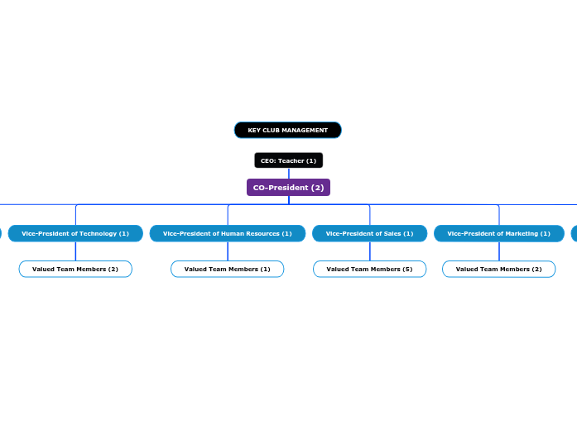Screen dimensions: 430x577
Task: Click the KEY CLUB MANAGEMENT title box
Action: coord(287,130)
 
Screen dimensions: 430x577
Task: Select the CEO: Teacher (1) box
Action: coord(288,160)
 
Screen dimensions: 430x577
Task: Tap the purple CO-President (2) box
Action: coord(288,188)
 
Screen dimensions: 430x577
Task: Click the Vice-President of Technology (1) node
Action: coord(75,233)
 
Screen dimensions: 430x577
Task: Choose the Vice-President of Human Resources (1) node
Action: coord(228,233)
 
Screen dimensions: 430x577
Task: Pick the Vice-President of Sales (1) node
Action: coord(369,233)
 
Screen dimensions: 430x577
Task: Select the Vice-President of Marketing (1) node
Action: coord(498,233)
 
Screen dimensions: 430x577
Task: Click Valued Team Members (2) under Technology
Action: coord(75,269)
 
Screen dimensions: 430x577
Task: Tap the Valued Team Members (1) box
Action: coord(228,269)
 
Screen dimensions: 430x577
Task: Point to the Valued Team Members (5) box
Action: coord(369,269)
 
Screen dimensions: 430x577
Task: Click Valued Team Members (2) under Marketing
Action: coord(498,269)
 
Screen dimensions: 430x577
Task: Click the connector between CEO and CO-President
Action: coord(288,174)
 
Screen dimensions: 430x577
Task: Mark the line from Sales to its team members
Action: coord(370,251)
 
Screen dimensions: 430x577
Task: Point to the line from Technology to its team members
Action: coord(75,251)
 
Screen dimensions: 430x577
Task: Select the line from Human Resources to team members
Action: coord(228,251)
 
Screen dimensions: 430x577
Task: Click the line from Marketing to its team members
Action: coord(499,251)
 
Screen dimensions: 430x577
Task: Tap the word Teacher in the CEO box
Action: coord(291,160)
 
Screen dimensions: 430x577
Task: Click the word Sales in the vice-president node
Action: coord(392,233)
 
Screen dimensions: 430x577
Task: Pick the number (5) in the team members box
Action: coord(406,269)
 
